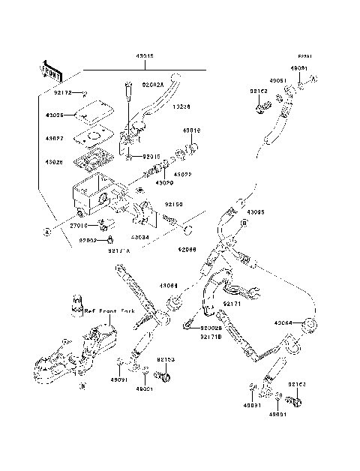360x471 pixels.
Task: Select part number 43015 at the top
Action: (145, 57)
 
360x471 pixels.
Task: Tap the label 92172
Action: (62, 94)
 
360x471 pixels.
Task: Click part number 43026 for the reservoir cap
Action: (55, 115)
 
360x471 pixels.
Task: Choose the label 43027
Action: (55, 139)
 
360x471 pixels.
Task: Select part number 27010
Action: (79, 225)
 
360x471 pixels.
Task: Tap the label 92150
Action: (174, 203)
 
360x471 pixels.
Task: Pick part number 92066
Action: (187, 250)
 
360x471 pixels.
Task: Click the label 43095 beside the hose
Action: (256, 211)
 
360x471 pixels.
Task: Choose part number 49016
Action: (192, 130)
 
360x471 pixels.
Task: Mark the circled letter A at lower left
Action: (47, 231)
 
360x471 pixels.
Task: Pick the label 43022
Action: (183, 175)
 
